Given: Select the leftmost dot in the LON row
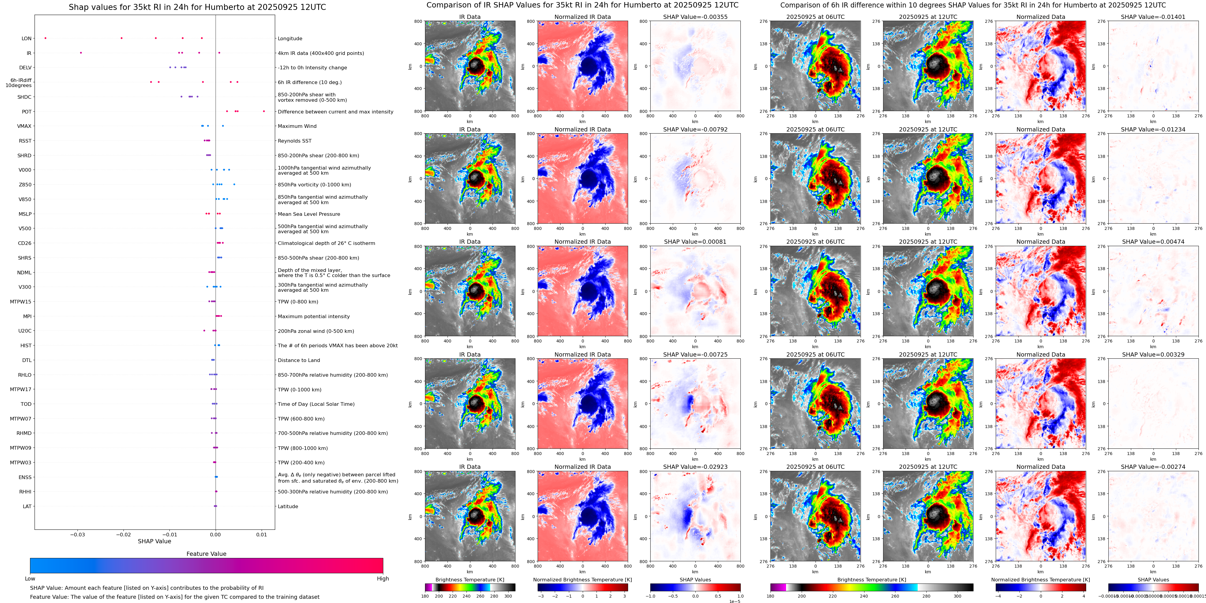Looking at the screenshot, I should click(45, 38).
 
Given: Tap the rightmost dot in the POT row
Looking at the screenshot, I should click(264, 111).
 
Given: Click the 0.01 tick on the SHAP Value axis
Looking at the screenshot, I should click(261, 534).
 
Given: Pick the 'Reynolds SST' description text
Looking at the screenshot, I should click(294, 141).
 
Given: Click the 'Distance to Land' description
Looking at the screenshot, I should click(299, 360).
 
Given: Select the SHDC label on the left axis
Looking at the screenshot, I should click(24, 97).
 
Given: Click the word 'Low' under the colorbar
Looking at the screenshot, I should click(30, 579).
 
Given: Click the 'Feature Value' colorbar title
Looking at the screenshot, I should click(206, 554).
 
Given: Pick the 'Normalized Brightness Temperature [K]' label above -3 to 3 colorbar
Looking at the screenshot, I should click(582, 580).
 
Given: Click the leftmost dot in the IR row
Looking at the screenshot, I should click(81, 53).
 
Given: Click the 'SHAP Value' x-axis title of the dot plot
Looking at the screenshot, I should click(154, 541).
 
